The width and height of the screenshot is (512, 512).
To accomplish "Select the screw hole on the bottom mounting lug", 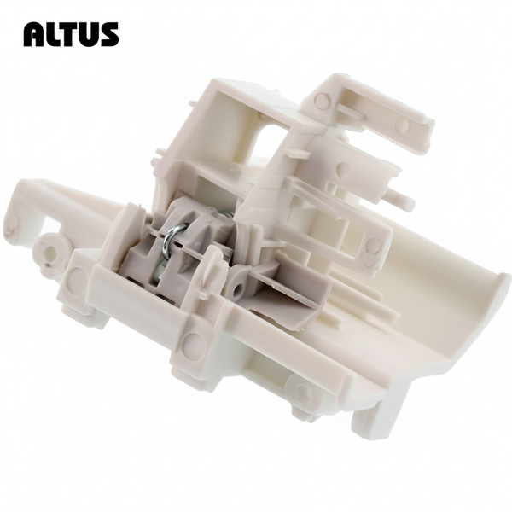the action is pyautogui.click(x=302, y=392).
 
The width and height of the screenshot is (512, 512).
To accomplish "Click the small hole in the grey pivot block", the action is pyautogui.click(x=241, y=288).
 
